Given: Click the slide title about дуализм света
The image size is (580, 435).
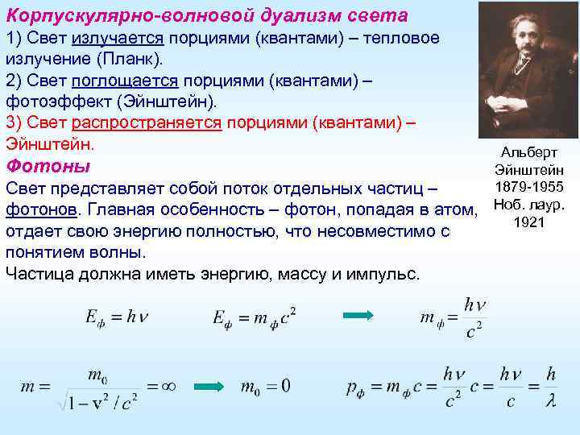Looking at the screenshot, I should pyautogui.click(x=206, y=15).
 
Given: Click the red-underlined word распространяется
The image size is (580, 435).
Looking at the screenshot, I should pyautogui.click(x=147, y=123).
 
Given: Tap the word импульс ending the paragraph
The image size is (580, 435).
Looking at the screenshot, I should pyautogui.click(x=383, y=273).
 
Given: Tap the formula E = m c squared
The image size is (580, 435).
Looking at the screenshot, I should pyautogui.click(x=254, y=317).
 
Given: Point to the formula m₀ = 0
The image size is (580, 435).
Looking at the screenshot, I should pyautogui.click(x=266, y=387).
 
